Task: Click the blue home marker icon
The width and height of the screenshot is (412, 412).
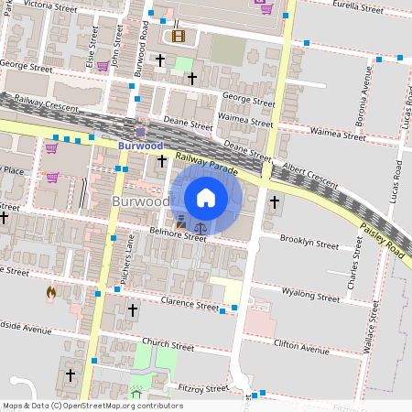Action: tap(206, 197)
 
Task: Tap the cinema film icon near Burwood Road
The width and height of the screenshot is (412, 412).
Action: tap(178, 37)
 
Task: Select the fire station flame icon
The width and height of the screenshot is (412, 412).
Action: tap(51, 293)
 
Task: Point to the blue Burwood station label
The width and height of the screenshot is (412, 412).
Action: tap(139, 145)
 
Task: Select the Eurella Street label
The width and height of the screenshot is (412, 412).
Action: tap(358, 8)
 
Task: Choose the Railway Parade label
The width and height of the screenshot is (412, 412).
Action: tap(210, 166)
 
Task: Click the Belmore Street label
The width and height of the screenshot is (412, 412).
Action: tap(180, 236)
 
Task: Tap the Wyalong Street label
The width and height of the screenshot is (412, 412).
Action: tap(311, 296)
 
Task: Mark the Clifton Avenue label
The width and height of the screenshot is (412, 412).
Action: tap(301, 348)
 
